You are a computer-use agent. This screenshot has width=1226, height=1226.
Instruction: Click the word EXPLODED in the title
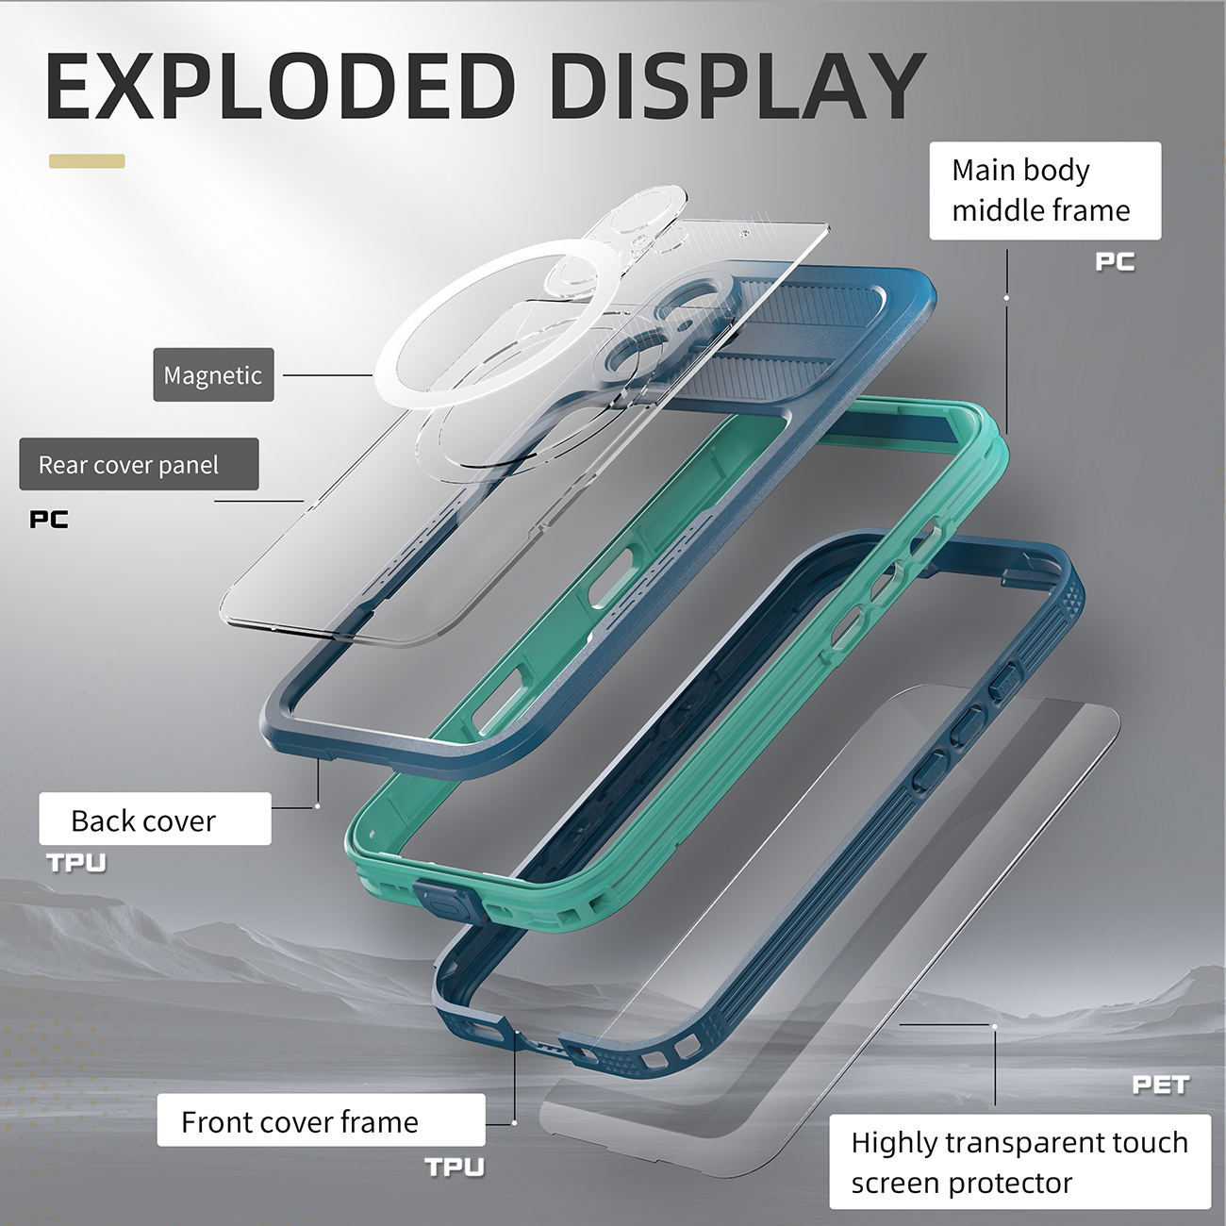coord(280,86)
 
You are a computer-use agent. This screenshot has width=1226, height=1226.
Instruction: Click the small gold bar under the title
coord(87,161)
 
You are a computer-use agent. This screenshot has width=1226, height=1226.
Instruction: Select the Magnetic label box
coord(214,374)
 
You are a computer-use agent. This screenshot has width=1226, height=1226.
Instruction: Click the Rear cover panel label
coord(139,464)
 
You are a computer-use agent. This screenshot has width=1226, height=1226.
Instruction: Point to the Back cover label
coord(156,819)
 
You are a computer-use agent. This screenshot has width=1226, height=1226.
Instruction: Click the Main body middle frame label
coord(1045,191)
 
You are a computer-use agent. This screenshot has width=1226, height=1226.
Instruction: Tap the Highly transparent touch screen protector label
coord(1019,1162)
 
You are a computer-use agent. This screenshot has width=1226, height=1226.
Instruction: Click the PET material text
coord(1161,1085)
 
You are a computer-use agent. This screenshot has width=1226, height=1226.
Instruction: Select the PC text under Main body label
coord(1115,261)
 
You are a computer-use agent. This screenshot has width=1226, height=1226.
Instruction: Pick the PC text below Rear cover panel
coord(49,520)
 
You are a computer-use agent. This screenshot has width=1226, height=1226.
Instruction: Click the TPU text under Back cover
coord(76,863)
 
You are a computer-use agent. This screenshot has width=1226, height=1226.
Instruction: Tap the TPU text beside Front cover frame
coord(455,1167)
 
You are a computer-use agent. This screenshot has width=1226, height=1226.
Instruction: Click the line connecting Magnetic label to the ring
coord(327,374)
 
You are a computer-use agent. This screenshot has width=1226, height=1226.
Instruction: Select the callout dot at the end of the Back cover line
coord(318,806)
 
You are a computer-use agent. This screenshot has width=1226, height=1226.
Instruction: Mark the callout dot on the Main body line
coord(1006,298)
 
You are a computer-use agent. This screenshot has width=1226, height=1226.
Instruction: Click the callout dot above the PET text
coord(994,1026)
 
